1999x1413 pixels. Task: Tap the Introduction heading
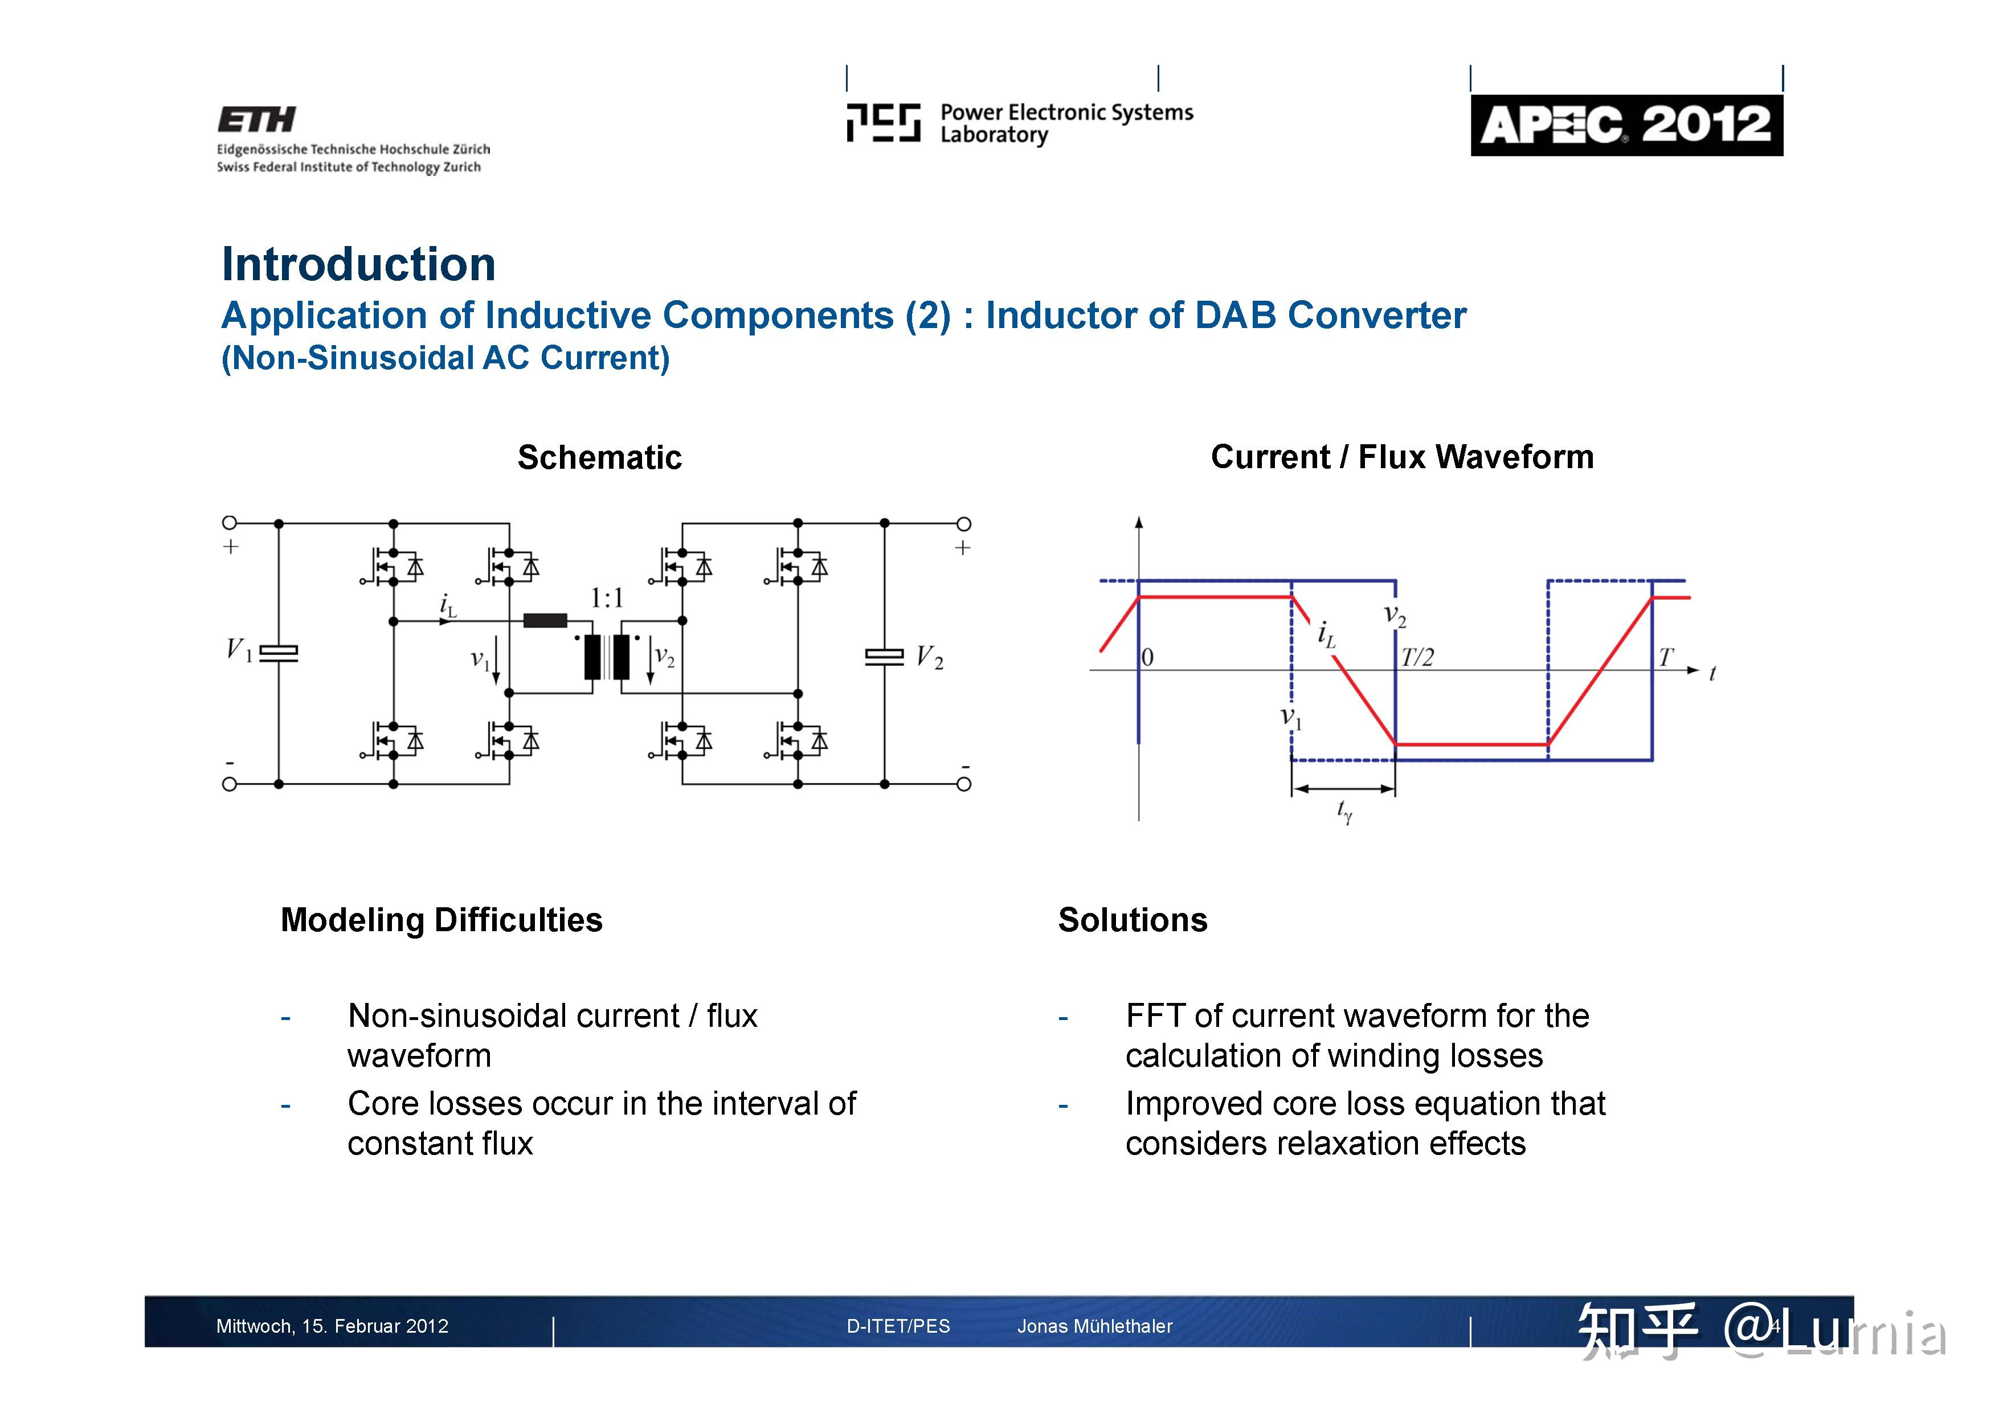coord(358,264)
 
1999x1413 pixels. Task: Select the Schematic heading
coord(599,457)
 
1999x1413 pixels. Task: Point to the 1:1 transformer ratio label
coord(607,598)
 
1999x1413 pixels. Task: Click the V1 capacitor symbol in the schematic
coord(279,653)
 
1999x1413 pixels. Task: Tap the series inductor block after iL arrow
coord(545,621)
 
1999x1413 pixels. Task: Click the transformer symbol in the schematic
coord(607,657)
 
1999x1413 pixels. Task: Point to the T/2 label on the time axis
coord(1417,657)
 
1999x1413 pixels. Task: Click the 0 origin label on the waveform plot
coord(1147,657)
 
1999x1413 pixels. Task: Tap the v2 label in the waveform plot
coord(1395,616)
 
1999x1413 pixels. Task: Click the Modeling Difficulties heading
coord(442,920)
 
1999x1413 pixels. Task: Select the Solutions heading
coord(1132,920)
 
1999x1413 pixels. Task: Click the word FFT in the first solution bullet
coord(1155,1016)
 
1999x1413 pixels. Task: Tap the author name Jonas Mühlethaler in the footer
coord(1094,1326)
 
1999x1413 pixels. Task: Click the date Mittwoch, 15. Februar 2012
coord(332,1326)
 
